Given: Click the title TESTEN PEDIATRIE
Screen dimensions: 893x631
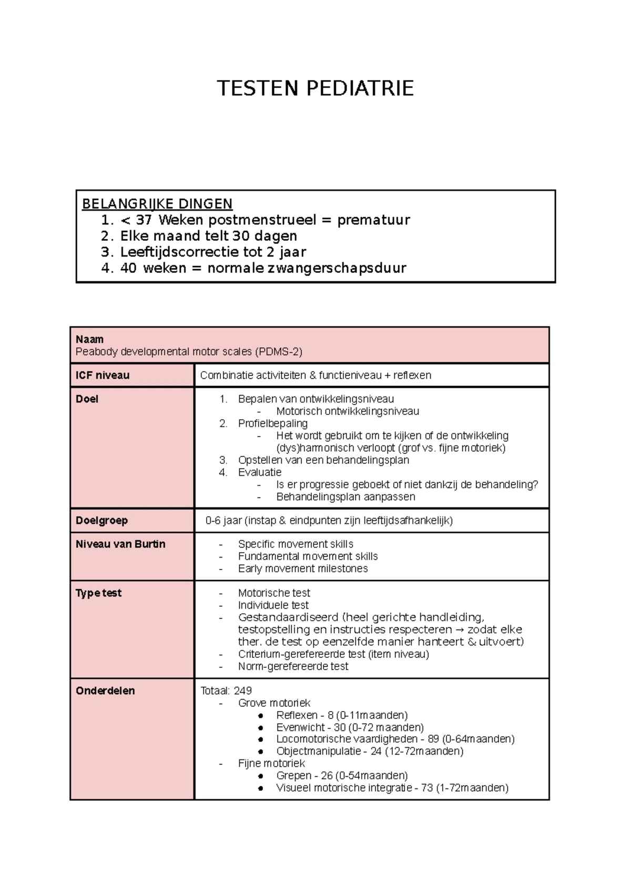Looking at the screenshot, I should click(315, 88).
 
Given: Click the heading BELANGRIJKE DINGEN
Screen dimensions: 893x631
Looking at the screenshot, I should click(157, 204).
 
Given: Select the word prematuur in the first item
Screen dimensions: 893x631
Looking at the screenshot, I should click(373, 220).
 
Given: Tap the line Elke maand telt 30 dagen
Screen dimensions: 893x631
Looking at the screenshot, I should click(208, 236).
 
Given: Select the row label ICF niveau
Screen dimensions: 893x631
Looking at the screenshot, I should click(103, 376).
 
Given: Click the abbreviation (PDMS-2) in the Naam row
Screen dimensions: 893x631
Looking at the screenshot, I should click(278, 352).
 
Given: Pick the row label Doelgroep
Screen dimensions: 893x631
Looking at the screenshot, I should click(101, 521).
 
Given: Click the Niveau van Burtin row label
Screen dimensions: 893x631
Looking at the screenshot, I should click(120, 544).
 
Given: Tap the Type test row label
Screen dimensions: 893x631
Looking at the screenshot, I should click(98, 593).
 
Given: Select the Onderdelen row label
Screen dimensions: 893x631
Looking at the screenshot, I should click(105, 691).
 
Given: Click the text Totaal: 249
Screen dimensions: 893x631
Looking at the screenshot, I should click(226, 691).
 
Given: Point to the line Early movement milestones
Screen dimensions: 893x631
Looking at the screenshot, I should click(302, 569).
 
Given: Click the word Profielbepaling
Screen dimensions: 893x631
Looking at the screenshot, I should click(272, 423).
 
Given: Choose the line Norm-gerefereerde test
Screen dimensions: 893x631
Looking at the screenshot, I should click(293, 666).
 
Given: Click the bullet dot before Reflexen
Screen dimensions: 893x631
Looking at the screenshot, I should click(261, 716).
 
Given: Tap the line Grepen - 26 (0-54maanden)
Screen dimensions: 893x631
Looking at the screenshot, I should click(342, 776).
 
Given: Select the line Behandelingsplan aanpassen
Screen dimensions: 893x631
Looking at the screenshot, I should click(345, 497).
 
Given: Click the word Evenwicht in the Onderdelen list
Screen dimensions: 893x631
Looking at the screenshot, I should click(301, 727).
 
